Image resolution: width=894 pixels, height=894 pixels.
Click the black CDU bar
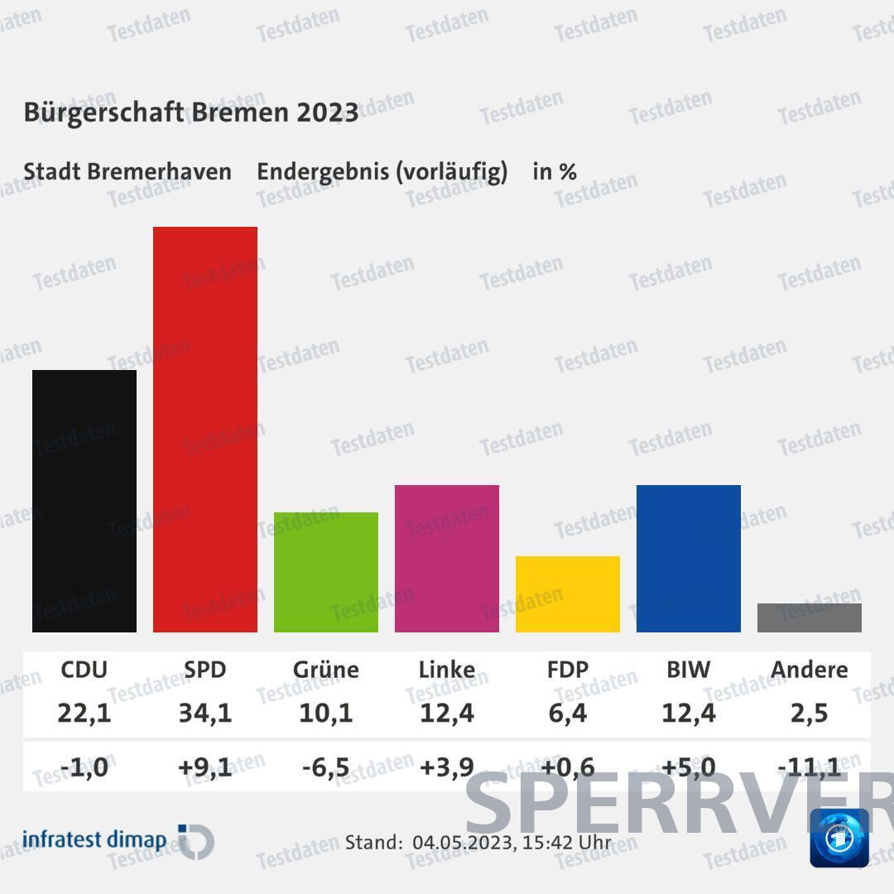(84, 501)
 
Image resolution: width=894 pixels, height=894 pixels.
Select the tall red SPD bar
(205, 429)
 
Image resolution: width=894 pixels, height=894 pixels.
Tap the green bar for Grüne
(326, 572)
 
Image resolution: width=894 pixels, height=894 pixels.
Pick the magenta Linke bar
(447, 559)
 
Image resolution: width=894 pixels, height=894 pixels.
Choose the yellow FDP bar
(568, 594)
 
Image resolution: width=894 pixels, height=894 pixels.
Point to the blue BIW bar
(689, 559)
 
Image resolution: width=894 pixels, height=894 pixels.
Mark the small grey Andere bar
(810, 618)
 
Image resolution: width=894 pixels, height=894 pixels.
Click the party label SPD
(205, 669)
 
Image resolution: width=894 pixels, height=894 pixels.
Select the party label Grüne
(326, 669)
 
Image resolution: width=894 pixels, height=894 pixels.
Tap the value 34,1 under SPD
(205, 712)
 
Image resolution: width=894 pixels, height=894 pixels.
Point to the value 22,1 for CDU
(84, 712)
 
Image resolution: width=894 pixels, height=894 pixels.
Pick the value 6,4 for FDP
(568, 712)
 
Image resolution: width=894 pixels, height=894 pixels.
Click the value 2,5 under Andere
(810, 712)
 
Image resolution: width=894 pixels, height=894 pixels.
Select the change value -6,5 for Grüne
(326, 767)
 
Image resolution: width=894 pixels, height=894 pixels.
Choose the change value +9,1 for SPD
(205, 767)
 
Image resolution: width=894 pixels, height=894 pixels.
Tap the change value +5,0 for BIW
(689, 767)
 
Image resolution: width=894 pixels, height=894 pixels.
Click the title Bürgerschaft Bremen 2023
(191, 112)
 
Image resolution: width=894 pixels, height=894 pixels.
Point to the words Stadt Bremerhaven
(127, 171)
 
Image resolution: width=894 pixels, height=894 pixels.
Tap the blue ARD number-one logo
(839, 838)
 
